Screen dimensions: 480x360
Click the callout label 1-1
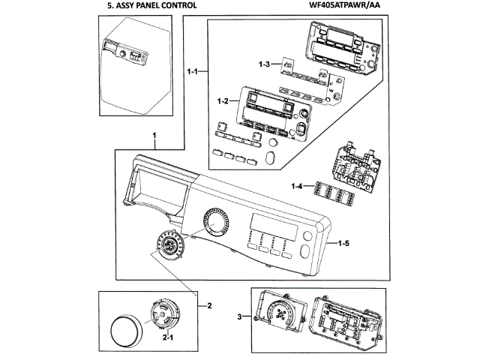193,72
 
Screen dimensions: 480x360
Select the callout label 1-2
223,100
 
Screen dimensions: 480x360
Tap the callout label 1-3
264,64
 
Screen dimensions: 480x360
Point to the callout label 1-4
297,186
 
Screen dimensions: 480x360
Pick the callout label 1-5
343,243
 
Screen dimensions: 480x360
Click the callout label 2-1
168,337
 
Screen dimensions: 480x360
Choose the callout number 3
240,316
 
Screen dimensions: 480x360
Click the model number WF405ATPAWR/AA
344,5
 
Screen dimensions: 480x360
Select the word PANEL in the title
148,5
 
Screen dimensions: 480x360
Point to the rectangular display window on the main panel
274,227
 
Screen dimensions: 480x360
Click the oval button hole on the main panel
305,251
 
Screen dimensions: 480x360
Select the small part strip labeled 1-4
333,193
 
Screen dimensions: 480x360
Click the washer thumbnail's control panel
125,52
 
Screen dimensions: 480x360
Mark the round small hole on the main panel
307,236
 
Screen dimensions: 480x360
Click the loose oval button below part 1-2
270,157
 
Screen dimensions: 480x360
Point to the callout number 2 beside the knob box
209,305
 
